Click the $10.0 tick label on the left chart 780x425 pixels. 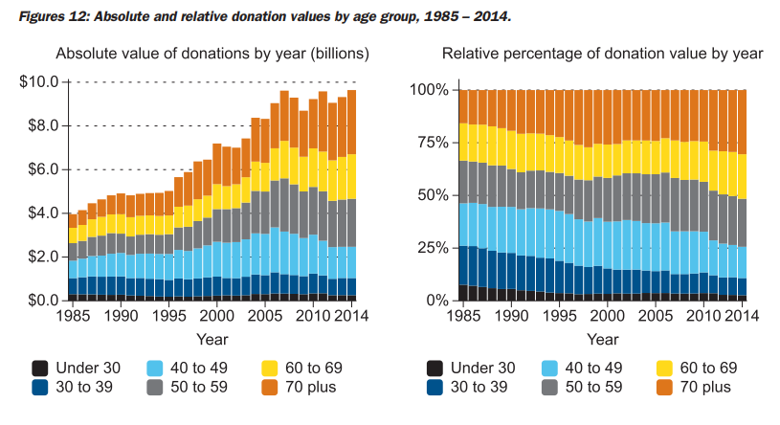[40, 82]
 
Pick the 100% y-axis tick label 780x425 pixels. [427, 90]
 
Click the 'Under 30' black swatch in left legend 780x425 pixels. [40, 368]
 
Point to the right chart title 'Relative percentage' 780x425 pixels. [602, 54]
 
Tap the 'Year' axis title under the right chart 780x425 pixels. [602, 339]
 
